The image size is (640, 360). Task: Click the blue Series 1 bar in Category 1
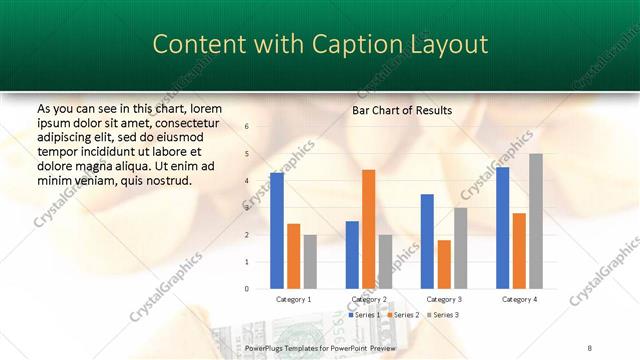[x=277, y=231]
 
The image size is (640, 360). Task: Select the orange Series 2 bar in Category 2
[x=368, y=229]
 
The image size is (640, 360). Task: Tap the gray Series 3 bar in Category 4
[x=536, y=221]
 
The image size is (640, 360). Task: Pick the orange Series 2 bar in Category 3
[x=444, y=264]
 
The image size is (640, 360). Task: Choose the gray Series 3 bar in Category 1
[x=310, y=262]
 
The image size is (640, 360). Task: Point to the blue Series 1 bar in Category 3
[x=427, y=241]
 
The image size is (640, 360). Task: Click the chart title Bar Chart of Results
[x=402, y=110]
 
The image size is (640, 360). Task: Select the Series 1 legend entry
[x=363, y=315]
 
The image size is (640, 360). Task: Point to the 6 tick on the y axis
[x=247, y=126]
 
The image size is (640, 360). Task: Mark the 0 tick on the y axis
[x=247, y=289]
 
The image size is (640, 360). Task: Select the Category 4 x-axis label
[x=519, y=299]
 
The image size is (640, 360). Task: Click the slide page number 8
[x=590, y=345]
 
